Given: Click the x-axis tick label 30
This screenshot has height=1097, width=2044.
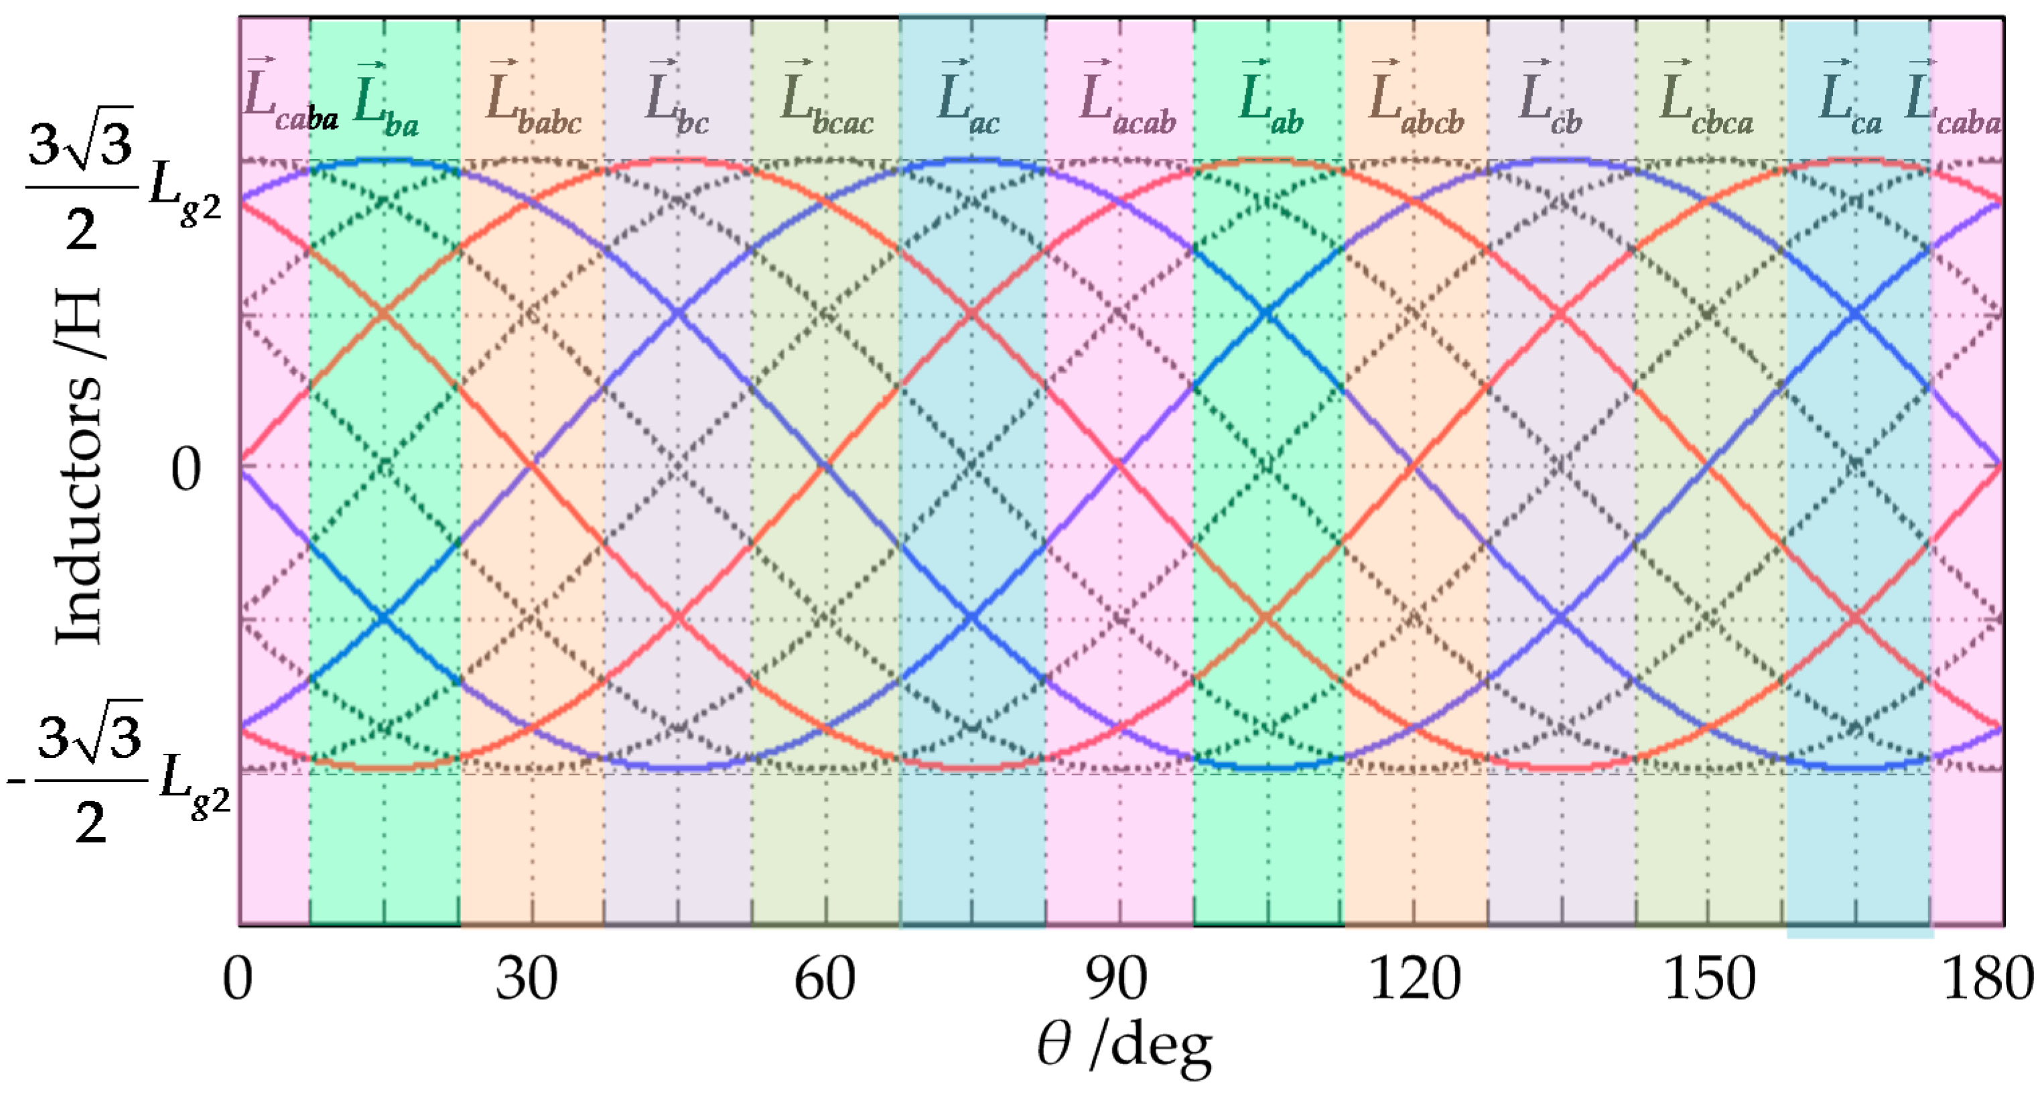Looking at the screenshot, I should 527,980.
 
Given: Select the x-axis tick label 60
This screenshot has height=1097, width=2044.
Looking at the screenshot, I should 825,980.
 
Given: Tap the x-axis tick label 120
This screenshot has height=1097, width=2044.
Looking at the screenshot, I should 1415,980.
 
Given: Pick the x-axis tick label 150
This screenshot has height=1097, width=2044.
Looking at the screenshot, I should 1709,980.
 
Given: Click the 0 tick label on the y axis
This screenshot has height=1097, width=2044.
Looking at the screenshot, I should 186,469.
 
